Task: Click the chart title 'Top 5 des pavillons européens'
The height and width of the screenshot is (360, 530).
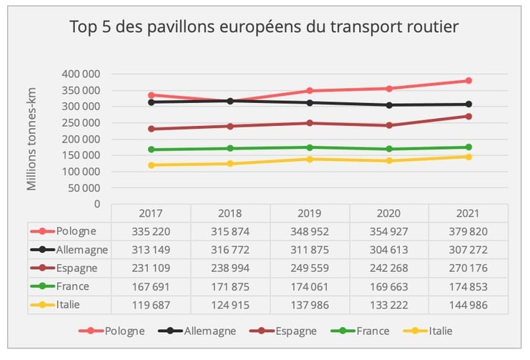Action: tap(264, 27)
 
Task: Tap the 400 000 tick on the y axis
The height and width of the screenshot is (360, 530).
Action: tap(81, 74)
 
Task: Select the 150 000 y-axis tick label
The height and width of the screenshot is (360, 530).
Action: tap(81, 155)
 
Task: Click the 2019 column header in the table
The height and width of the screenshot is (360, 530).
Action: tap(310, 213)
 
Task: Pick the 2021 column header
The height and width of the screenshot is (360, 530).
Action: tap(468, 213)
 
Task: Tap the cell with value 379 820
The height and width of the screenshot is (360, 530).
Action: tap(468, 231)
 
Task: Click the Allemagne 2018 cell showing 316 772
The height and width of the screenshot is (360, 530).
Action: tap(230, 250)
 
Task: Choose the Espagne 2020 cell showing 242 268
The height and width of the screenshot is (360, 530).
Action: tap(388, 268)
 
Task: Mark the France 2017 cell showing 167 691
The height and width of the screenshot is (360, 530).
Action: tap(152, 286)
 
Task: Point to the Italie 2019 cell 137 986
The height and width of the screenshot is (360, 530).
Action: tap(310, 304)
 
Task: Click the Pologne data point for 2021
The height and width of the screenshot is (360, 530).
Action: tap(468, 80)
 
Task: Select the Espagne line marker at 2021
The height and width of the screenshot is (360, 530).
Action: tap(468, 116)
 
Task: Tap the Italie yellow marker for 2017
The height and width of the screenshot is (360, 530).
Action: tap(152, 165)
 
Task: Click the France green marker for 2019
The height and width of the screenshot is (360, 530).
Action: tap(310, 147)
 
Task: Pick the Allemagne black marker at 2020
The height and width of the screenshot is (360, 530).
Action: tap(389, 105)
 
